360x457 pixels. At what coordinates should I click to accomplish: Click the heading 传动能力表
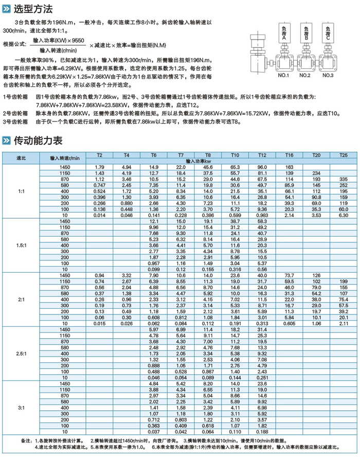coord(38,140)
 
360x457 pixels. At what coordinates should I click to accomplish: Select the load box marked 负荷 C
coord(328,33)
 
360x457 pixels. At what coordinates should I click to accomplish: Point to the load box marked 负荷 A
coord(284,33)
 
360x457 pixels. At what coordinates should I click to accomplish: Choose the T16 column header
coord(289,154)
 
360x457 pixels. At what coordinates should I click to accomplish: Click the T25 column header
coord(343,154)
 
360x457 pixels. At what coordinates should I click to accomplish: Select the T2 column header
coord(100,154)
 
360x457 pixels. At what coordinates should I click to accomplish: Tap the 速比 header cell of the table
coord(21,157)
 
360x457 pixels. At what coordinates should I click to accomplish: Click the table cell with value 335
coord(343,178)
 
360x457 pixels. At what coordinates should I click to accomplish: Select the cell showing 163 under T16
coord(289,167)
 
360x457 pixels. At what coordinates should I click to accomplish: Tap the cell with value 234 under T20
coord(316,172)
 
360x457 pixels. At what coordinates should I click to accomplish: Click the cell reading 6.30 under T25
coord(343,215)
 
